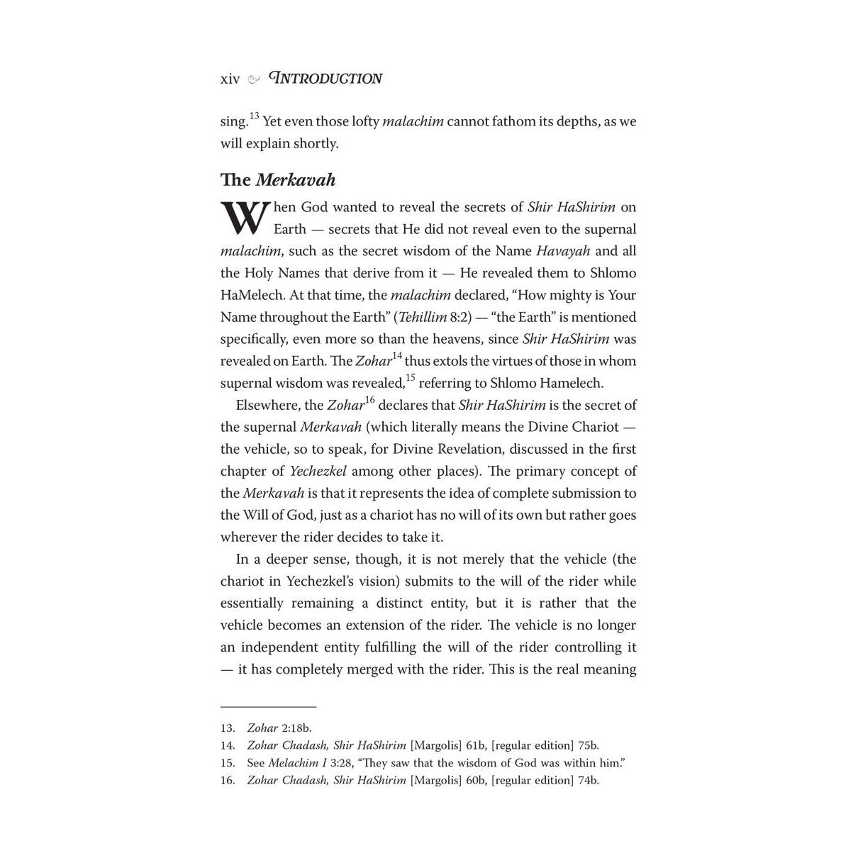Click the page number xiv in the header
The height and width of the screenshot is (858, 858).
click(230, 79)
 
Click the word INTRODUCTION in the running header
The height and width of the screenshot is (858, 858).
click(326, 79)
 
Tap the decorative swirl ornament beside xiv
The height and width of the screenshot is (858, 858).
click(254, 79)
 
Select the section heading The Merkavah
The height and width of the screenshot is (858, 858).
click(277, 180)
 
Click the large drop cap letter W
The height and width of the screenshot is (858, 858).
click(245, 218)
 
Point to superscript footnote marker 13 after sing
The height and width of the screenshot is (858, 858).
click(255, 116)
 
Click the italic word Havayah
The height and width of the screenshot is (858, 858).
click(563, 251)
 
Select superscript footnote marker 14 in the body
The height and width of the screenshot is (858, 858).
click(397, 355)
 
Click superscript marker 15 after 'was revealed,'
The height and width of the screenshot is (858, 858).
click(411, 377)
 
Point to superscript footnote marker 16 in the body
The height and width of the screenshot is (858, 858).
click(369, 400)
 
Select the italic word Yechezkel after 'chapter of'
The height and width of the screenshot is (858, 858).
click(318, 472)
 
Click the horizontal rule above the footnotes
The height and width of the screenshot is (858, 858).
click(268, 707)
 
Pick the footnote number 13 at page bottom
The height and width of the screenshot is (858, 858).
click(227, 728)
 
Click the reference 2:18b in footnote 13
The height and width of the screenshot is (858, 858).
click(296, 728)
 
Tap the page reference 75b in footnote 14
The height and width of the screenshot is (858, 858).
click(588, 745)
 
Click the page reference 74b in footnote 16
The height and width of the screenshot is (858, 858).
click(588, 781)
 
